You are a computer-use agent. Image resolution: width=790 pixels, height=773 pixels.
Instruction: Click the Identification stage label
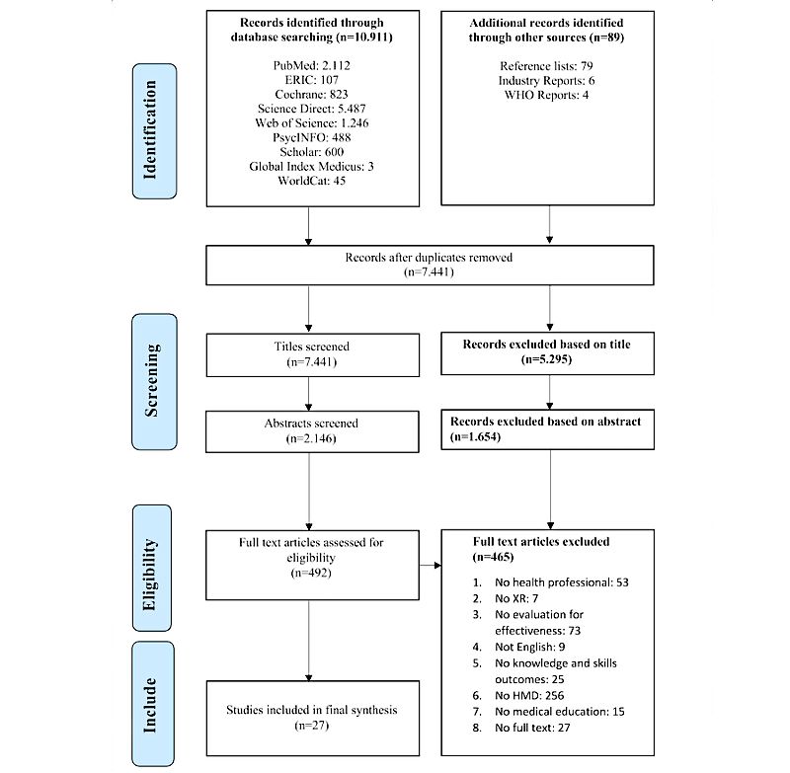coord(154,131)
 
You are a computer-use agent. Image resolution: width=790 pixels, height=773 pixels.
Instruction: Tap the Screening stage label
coord(154,382)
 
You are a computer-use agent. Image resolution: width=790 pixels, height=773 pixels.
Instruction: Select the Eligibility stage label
coord(152,568)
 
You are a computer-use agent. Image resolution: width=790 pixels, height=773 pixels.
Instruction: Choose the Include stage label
coord(153,704)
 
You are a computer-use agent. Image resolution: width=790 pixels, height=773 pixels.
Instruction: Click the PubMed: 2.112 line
coord(311,65)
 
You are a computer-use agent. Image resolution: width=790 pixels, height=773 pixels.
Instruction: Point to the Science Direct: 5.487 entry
coord(311,109)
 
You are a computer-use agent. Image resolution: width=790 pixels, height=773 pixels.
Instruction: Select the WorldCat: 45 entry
coord(311,181)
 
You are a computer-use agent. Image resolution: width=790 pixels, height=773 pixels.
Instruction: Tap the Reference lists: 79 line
coord(546,66)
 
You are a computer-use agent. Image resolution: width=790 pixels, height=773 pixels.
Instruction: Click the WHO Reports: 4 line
coord(546,95)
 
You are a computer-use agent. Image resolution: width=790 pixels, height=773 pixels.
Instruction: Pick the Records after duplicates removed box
coord(430,265)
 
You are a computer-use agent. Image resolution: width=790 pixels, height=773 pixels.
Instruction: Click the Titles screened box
coord(312,354)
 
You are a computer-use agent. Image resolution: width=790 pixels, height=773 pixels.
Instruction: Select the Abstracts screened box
coord(312,431)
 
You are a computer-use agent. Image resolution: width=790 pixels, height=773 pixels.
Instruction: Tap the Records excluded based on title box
coord(548,353)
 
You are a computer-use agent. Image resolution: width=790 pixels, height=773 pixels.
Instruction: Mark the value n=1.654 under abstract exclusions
coord(476,436)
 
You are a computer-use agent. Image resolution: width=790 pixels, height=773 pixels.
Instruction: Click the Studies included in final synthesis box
coord(312,718)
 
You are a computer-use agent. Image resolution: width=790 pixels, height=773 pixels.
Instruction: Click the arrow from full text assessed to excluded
coord(431,565)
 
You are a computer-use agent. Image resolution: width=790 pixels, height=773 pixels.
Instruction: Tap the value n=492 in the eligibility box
coord(311,573)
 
